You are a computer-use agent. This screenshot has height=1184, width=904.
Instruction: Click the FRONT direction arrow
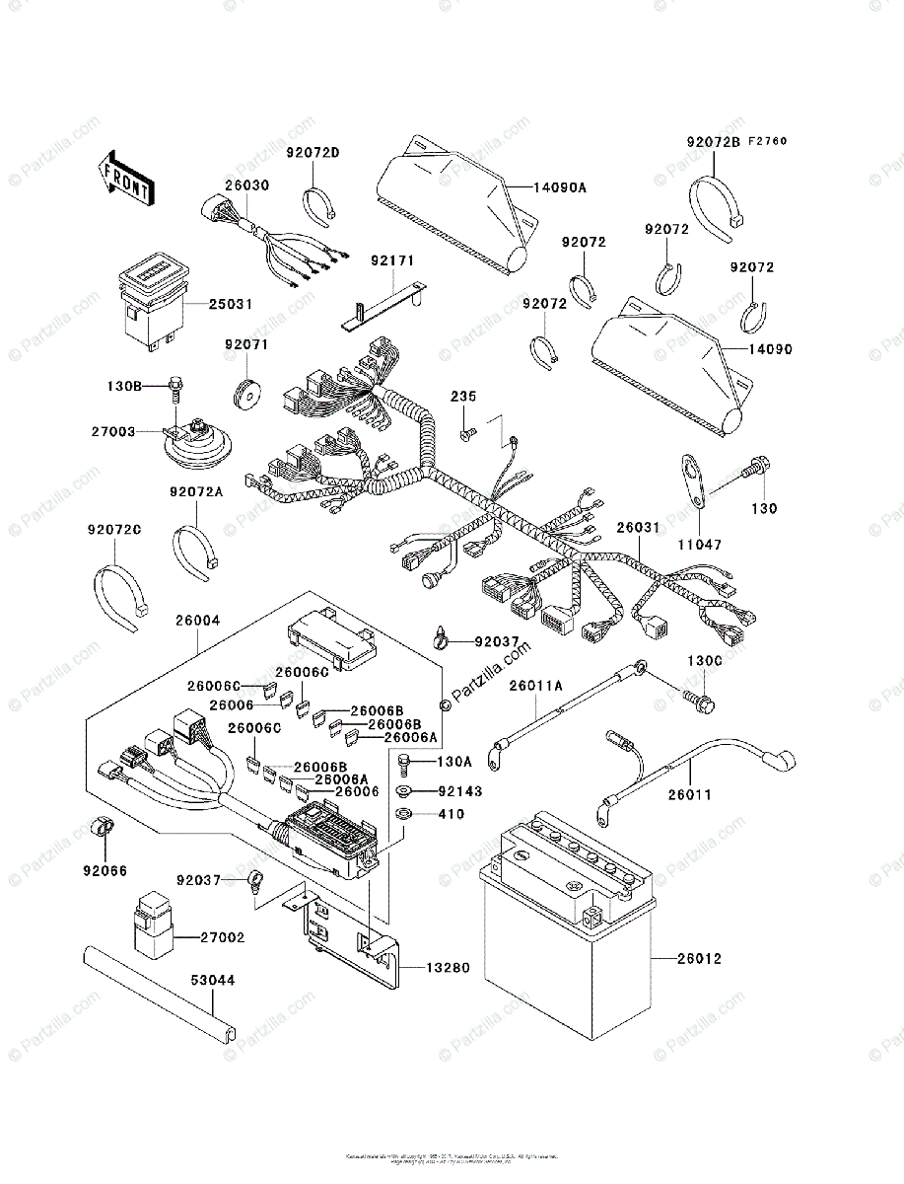pos(125,177)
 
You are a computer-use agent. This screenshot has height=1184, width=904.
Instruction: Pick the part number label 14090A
pos(560,186)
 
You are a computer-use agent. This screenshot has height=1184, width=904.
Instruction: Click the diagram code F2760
pos(766,142)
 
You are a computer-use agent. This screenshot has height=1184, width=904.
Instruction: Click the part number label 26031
pos(638,528)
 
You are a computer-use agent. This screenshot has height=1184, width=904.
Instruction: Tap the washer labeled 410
pos(404,815)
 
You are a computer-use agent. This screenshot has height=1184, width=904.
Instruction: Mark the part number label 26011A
pos(536,684)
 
